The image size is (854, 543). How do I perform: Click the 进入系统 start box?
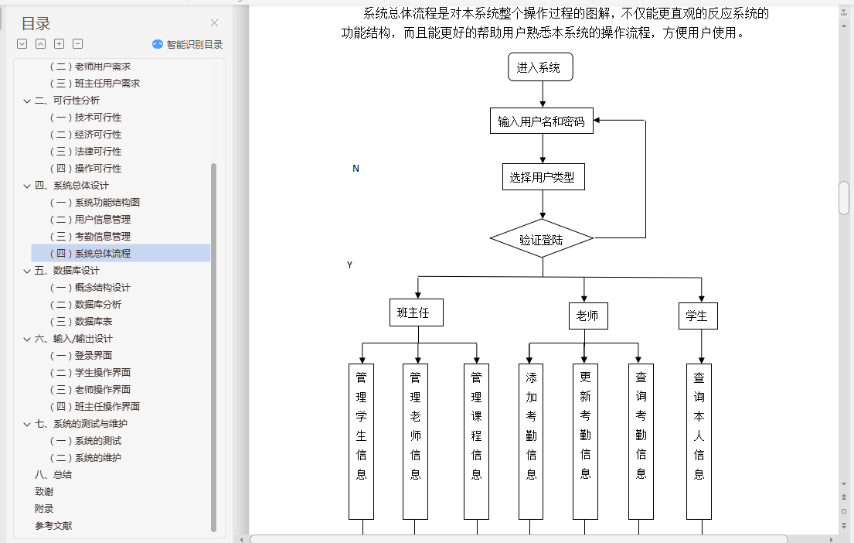(x=540, y=67)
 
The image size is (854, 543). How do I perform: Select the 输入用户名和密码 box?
(x=541, y=121)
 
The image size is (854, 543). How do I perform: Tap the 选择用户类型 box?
(x=543, y=177)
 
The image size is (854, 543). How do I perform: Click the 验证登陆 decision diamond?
(x=542, y=240)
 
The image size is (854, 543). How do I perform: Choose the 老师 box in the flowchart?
(x=587, y=316)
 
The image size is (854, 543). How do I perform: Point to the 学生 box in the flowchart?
(x=696, y=316)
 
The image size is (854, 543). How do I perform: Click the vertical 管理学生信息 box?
(x=361, y=441)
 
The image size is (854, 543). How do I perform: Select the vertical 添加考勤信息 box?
(x=531, y=441)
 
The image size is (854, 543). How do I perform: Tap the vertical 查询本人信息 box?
(x=699, y=441)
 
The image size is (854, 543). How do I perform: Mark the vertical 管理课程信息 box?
(x=476, y=441)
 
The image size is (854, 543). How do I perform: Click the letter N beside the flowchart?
(x=356, y=169)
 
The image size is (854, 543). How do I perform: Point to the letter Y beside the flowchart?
(x=349, y=265)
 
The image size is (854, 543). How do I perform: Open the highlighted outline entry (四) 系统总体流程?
(x=103, y=253)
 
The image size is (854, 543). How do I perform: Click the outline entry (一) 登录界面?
(x=93, y=355)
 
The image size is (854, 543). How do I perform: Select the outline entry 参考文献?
(x=54, y=525)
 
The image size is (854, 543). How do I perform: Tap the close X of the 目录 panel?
(x=215, y=23)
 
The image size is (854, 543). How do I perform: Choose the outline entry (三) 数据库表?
(x=93, y=321)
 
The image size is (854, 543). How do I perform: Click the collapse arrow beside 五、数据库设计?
(x=28, y=271)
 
